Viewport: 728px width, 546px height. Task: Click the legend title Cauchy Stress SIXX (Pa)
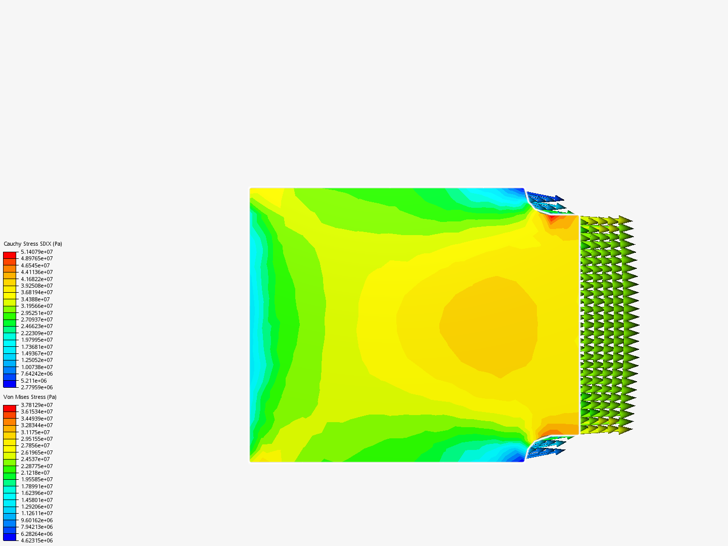[x=33, y=244]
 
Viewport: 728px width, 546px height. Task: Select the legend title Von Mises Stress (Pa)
[x=30, y=397]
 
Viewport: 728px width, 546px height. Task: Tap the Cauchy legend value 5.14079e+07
[x=37, y=252]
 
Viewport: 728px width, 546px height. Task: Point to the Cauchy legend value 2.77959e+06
[x=37, y=387]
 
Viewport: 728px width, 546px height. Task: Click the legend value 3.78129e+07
[x=37, y=405]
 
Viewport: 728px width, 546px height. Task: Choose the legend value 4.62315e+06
[x=37, y=540]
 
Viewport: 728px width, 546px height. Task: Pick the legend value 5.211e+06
[x=34, y=381]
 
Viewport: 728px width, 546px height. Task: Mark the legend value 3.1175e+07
[x=35, y=432]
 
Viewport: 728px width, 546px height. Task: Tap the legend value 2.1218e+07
[x=35, y=473]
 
